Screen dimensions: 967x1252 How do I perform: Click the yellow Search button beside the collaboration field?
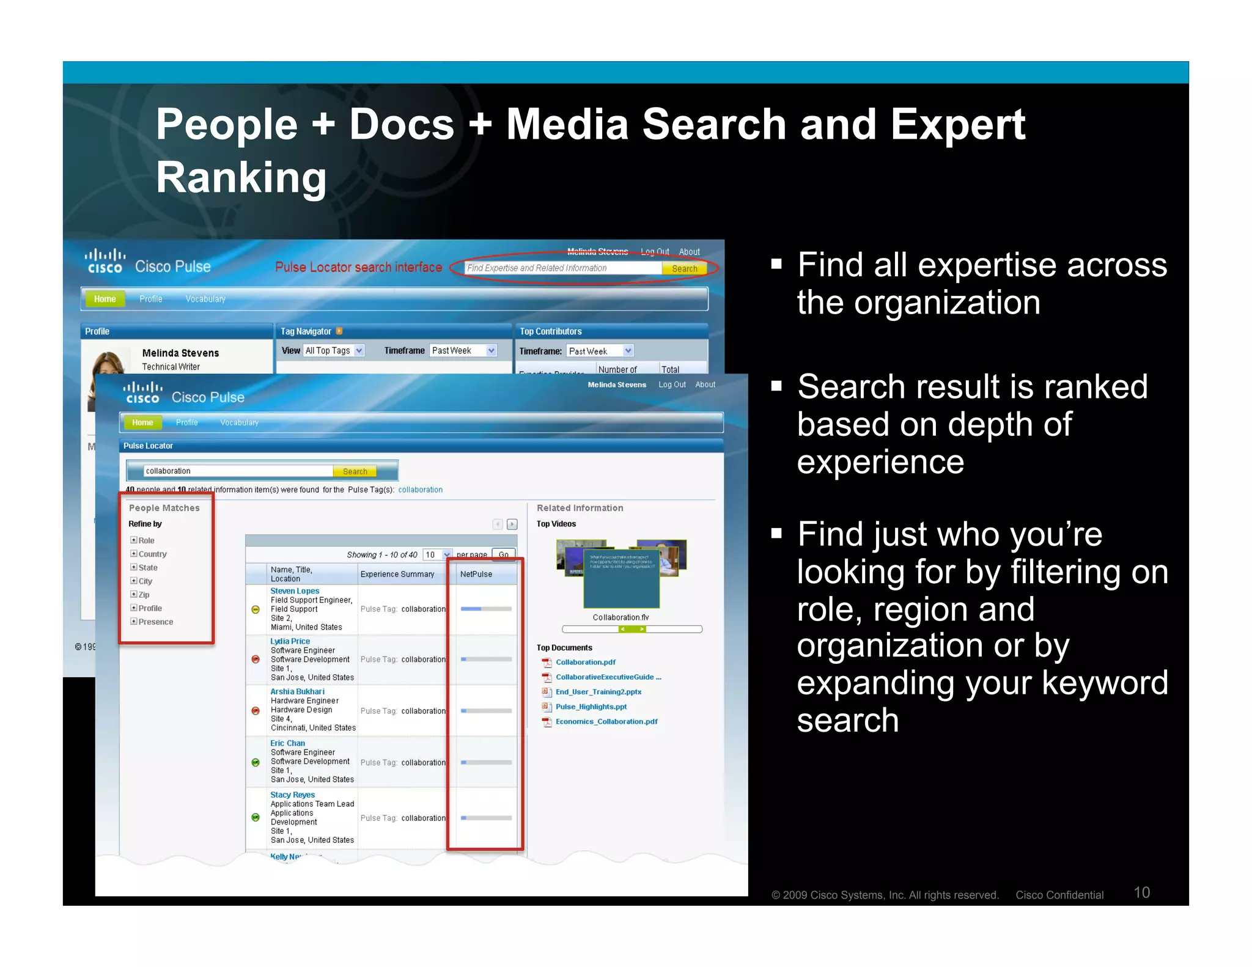[x=355, y=471]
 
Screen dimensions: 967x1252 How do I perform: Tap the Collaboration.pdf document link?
[x=585, y=662]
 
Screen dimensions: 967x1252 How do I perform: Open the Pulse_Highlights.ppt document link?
[x=591, y=707]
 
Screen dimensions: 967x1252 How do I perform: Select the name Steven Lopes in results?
[x=295, y=591]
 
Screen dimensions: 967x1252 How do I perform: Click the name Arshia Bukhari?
[x=297, y=691]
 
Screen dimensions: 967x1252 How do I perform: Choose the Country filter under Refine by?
[x=152, y=554]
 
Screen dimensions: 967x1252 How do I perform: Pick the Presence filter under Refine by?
[x=155, y=622]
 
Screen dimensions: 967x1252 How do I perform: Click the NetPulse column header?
[x=476, y=574]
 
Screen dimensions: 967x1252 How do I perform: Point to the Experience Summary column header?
[x=397, y=574]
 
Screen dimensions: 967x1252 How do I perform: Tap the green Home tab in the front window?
[x=142, y=422]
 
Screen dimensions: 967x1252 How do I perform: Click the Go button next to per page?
[x=503, y=555]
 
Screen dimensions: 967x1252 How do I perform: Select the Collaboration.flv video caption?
[x=620, y=617]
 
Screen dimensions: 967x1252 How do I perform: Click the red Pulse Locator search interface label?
[x=358, y=267]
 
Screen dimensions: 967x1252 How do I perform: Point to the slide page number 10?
[x=1141, y=892]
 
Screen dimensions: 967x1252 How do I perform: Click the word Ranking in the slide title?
[x=241, y=178]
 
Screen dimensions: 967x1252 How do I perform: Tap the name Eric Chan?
[x=287, y=743]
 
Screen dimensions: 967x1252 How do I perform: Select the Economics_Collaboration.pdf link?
[x=606, y=721]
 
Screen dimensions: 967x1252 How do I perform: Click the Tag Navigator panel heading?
[x=306, y=331]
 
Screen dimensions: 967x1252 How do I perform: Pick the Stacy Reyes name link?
[x=292, y=795]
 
